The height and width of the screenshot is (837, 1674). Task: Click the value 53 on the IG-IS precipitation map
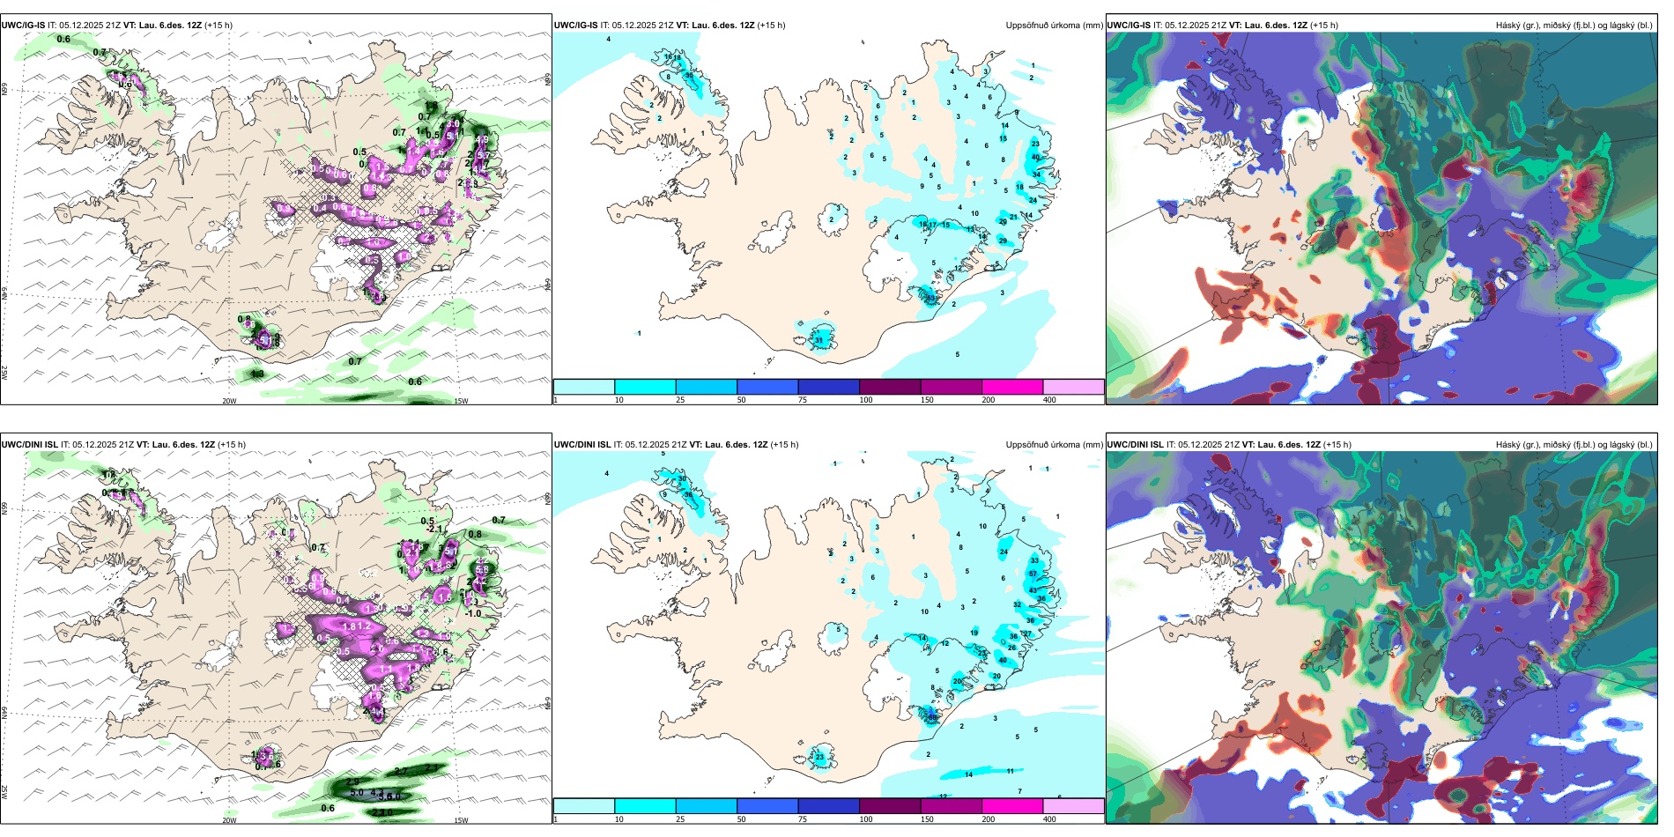pos(931,298)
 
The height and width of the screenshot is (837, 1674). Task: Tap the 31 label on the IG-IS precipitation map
pos(819,340)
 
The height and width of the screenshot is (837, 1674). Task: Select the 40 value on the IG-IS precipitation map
pos(1036,157)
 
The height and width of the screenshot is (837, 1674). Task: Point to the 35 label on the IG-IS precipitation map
pos(689,76)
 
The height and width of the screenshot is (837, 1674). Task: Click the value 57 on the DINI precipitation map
pos(1033,574)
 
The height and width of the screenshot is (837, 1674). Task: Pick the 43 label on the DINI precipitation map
pos(1033,590)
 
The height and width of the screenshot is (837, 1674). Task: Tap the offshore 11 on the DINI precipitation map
pos(1011,771)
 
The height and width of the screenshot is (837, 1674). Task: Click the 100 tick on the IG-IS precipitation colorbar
pos(866,400)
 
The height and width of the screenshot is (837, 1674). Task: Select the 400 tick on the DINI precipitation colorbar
pos(1049,819)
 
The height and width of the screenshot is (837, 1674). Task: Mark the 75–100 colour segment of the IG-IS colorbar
pos(828,386)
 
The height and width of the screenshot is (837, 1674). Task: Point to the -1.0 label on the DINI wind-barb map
pos(473,613)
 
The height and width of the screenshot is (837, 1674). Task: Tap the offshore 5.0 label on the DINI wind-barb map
pos(357,793)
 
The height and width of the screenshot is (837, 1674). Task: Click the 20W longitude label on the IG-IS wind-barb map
pos(229,401)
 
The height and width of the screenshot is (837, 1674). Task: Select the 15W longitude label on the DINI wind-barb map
pos(461,820)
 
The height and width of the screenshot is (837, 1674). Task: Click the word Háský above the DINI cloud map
pos(1508,445)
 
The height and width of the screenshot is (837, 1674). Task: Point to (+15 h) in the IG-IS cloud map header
pos(1324,26)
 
